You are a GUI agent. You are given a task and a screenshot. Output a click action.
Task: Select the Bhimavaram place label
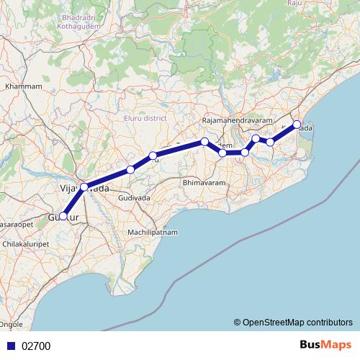tap(204, 184)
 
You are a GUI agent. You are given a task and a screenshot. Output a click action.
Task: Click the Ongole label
tap(12, 325)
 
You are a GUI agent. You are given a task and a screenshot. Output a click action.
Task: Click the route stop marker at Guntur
tap(63, 216)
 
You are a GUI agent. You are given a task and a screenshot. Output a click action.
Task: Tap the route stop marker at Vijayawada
tap(84, 187)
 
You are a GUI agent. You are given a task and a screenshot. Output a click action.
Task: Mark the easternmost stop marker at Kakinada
tap(297, 124)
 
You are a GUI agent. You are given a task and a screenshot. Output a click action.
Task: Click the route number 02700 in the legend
tap(36, 346)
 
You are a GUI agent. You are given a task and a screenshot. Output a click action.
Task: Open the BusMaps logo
tap(325, 346)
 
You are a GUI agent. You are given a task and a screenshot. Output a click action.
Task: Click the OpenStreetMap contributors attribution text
tap(297, 322)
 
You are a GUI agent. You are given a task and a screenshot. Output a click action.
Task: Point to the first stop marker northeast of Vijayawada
tap(130, 170)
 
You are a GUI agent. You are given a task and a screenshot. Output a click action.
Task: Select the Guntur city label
tap(62, 217)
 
